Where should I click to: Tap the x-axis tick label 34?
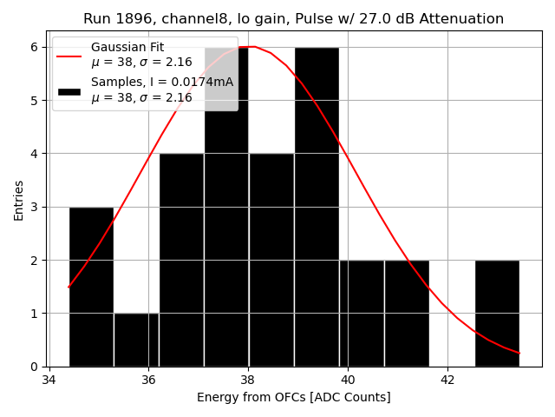pyautogui.click(x=49, y=381)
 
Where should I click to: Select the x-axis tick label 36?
pyautogui.click(x=148, y=381)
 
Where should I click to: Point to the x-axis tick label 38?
pyautogui.click(x=248, y=381)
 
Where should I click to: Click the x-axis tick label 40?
pyautogui.click(x=348, y=381)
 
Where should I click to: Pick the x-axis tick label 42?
pyautogui.click(x=447, y=381)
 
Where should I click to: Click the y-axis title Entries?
pyautogui.click(x=19, y=200)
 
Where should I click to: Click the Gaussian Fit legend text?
pyautogui.click(x=127, y=47)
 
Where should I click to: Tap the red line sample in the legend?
pyautogui.click(x=69, y=55)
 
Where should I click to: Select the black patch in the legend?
pyautogui.click(x=69, y=90)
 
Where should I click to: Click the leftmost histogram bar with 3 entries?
pyautogui.click(x=91, y=287)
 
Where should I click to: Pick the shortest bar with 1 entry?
pyautogui.click(x=136, y=340)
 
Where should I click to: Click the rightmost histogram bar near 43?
pyautogui.click(x=497, y=313)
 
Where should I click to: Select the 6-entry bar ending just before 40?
pyautogui.click(x=317, y=208)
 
